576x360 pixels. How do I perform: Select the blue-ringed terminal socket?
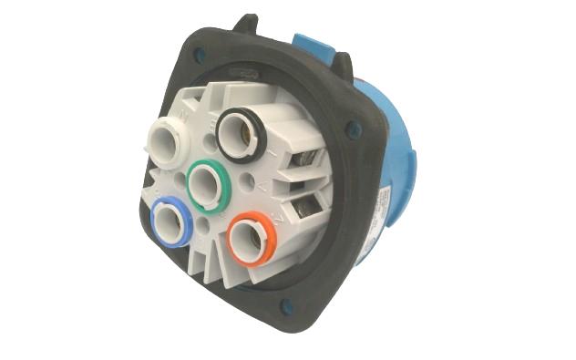[x=172, y=222]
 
